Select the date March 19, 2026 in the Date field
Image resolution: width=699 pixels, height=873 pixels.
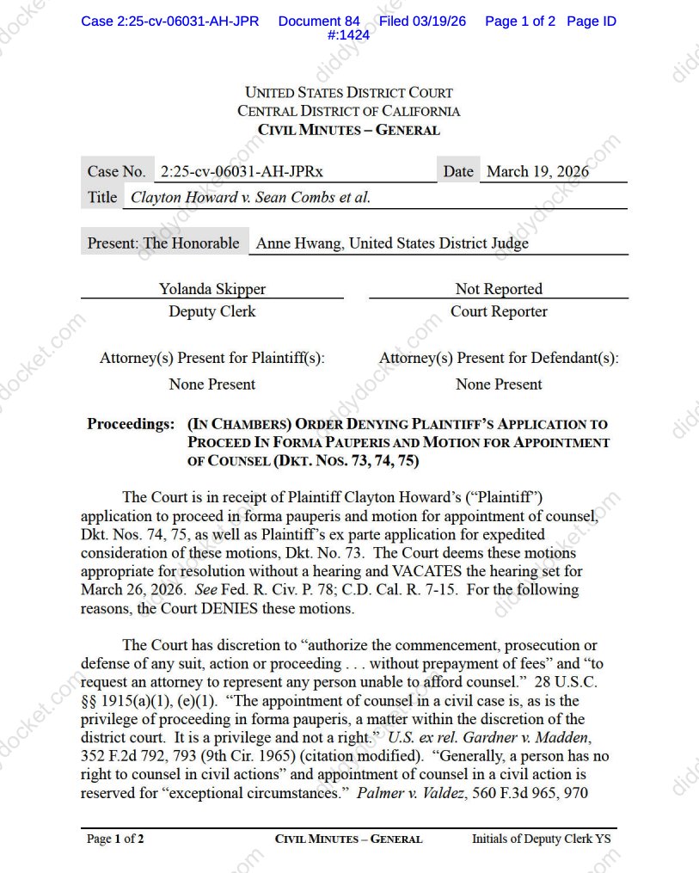tap(537, 171)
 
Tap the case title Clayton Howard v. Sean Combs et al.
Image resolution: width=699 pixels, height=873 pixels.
tap(250, 197)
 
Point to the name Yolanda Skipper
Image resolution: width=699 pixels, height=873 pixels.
tap(212, 289)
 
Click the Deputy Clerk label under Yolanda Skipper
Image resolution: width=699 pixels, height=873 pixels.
tap(212, 311)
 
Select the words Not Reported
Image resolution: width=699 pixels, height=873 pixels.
tap(499, 289)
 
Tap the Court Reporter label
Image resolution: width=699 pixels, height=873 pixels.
tap(499, 311)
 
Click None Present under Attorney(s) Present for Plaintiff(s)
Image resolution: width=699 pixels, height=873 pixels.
tap(212, 384)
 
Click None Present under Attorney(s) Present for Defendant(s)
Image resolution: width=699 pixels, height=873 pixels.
tap(499, 384)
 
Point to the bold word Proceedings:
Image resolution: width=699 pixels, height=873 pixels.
tap(131, 424)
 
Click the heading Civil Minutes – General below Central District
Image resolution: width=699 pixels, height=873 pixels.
tap(349, 130)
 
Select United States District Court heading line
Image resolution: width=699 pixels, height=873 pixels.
tap(349, 92)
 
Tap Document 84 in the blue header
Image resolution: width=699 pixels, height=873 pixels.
tap(319, 21)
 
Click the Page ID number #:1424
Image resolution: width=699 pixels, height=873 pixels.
tap(349, 35)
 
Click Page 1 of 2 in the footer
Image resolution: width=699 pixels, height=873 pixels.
tap(115, 839)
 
